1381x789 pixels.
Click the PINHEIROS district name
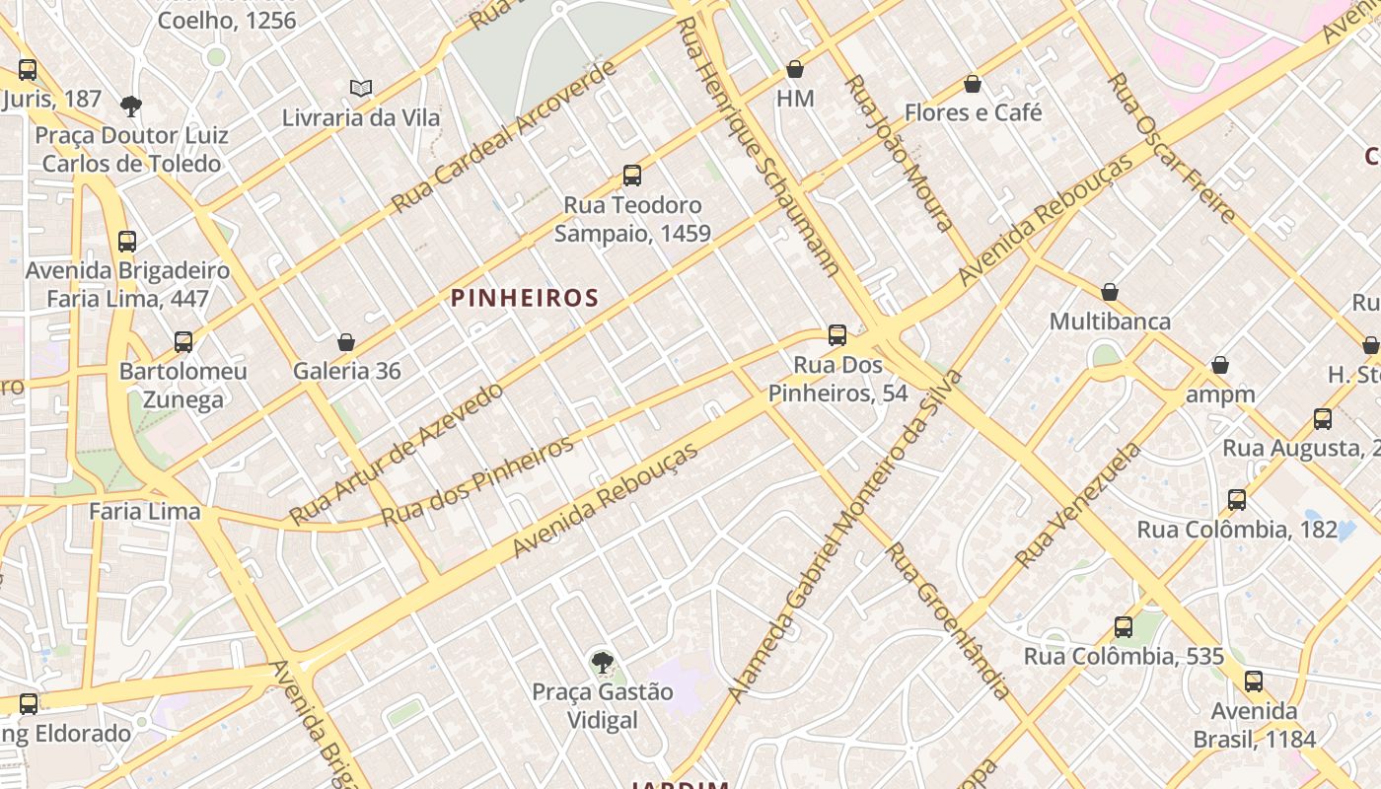525,298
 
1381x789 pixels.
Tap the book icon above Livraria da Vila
361,89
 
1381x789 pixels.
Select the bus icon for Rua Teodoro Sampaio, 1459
632,176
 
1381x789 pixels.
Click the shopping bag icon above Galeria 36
346,342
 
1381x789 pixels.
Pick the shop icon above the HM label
795,69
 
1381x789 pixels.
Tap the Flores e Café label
973,112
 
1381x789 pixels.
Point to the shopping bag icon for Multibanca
1110,292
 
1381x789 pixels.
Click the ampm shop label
1220,394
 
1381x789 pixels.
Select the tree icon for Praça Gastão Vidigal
602,663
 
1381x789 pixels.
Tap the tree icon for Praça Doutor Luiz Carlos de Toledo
130,106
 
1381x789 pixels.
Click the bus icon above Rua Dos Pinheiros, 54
837,335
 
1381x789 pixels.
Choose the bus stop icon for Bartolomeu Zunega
183,342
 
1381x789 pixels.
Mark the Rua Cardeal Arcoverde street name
504,137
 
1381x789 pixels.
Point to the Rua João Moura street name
897,153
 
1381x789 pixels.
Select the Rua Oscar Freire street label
1171,148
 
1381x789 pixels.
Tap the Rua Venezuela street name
1077,505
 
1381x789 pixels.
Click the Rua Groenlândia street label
948,620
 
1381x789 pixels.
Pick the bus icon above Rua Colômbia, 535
1124,627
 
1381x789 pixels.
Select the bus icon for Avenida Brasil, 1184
1254,681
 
